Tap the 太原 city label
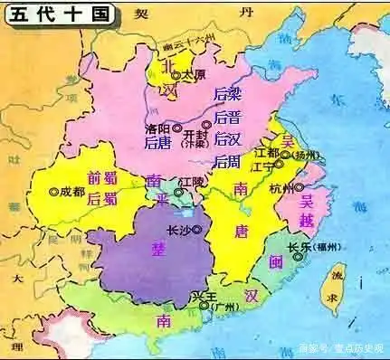[x=194, y=75]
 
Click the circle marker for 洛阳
[x=177, y=128]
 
